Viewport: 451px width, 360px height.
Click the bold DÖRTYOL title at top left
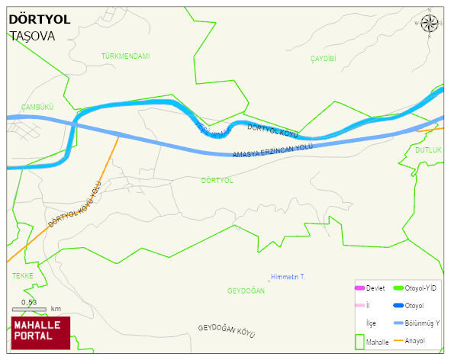(39, 19)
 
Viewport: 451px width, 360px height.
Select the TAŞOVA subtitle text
(32, 36)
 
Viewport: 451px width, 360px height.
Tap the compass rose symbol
(430, 23)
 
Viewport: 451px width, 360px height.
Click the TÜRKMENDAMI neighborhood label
(125, 56)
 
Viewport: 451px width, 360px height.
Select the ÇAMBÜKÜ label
(37, 108)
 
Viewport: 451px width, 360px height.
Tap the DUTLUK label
(428, 150)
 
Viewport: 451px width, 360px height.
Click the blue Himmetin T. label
(288, 276)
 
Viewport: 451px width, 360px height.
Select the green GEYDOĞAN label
(246, 291)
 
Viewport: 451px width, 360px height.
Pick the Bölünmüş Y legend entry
(419, 323)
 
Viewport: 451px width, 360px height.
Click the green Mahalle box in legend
(359, 341)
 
